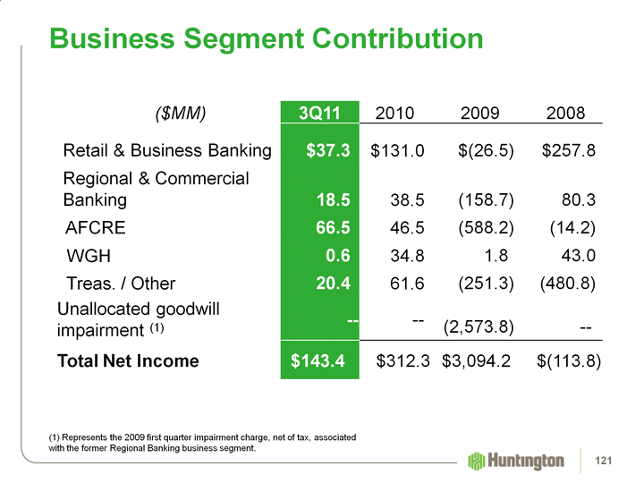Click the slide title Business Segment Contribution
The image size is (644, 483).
tap(267, 38)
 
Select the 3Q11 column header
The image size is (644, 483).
tap(318, 114)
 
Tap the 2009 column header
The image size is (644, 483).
tap(480, 114)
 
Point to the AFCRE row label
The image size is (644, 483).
tap(96, 228)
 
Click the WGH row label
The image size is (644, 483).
tap(90, 257)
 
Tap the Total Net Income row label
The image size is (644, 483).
tap(128, 361)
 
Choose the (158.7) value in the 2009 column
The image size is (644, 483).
tap(486, 199)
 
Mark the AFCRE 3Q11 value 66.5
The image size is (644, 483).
tap(332, 228)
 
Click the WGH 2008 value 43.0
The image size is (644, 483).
tap(575, 257)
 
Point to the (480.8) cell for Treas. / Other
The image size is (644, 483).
tap(569, 284)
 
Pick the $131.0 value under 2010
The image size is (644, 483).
tap(397, 149)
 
